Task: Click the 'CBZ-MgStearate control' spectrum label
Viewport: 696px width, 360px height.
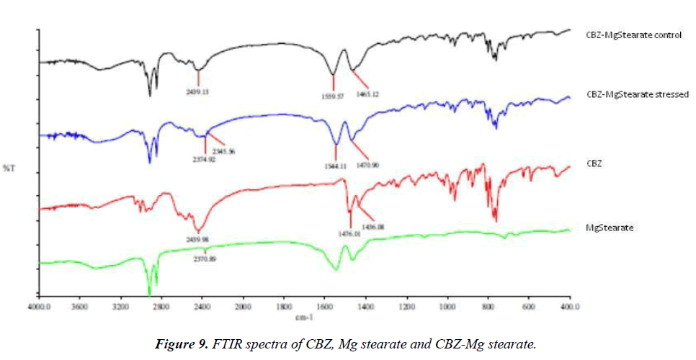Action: pyautogui.click(x=633, y=35)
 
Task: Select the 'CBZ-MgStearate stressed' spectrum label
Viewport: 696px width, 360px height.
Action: pyautogui.click(x=637, y=94)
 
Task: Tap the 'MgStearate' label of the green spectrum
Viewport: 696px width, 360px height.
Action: pyautogui.click(x=610, y=228)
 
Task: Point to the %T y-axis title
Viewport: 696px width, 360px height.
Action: pyautogui.click(x=8, y=168)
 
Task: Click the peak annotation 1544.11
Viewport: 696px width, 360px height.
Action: pyautogui.click(x=334, y=166)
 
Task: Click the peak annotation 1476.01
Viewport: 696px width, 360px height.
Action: pyautogui.click(x=349, y=232)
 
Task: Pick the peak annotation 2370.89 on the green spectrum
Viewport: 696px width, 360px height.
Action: pyautogui.click(x=205, y=257)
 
